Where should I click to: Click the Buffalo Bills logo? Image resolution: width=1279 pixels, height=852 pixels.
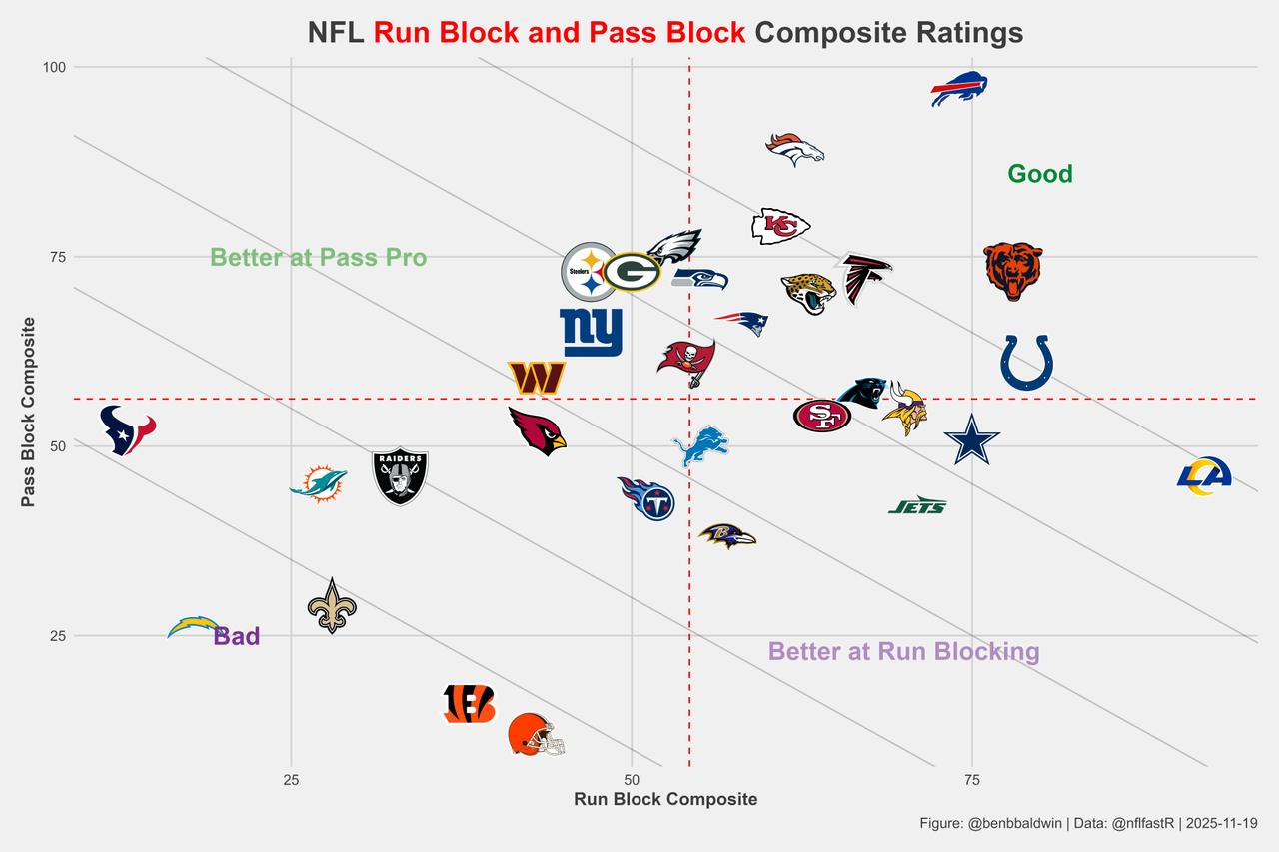click(x=959, y=89)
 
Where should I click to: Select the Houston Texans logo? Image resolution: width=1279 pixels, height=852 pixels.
click(x=128, y=430)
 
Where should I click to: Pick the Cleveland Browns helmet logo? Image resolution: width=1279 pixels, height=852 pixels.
click(x=536, y=735)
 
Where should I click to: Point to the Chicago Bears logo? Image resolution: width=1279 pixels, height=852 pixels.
click(x=1013, y=270)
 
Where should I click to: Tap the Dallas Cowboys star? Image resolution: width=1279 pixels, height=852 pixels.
click(x=971, y=440)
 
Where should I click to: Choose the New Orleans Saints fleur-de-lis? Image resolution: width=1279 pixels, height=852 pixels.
click(x=332, y=606)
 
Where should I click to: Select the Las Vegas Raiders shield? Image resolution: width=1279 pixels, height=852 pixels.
click(x=400, y=475)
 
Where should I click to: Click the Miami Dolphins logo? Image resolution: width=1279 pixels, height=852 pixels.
click(x=319, y=483)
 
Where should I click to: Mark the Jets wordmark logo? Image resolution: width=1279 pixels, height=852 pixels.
click(x=917, y=506)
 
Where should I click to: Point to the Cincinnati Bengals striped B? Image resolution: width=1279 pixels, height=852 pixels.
click(x=469, y=704)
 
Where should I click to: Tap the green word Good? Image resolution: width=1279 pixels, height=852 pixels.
click(x=1039, y=174)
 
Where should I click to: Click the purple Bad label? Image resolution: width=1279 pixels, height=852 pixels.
click(x=237, y=636)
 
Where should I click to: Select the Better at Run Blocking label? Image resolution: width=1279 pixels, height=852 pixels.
click(x=903, y=652)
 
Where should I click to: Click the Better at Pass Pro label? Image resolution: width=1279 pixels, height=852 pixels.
click(x=318, y=258)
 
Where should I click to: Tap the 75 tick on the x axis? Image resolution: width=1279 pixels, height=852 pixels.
click(x=972, y=779)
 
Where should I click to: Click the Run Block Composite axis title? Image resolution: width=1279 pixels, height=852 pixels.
click(x=664, y=799)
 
